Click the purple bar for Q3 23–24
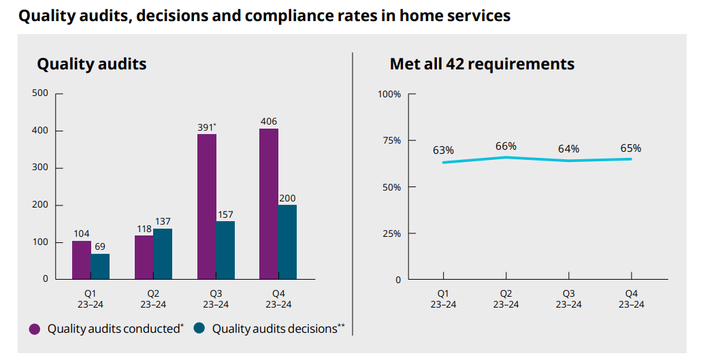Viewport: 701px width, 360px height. (x=206, y=206)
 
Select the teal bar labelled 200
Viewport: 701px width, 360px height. (x=287, y=242)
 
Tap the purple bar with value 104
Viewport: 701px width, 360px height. (x=81, y=260)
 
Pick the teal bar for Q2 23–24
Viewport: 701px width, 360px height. (x=163, y=254)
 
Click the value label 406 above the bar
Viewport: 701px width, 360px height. (x=268, y=122)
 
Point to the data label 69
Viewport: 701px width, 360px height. (x=100, y=246)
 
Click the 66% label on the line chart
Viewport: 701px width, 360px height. (x=506, y=146)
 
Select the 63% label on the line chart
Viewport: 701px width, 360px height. (x=443, y=150)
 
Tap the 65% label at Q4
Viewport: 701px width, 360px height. (x=630, y=148)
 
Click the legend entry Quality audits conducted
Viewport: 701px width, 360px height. (x=115, y=329)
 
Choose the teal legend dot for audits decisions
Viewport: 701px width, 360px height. (x=199, y=329)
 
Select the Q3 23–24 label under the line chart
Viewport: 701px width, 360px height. (x=568, y=299)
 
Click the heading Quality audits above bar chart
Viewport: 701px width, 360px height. (x=91, y=64)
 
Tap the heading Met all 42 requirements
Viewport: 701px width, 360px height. (x=482, y=64)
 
